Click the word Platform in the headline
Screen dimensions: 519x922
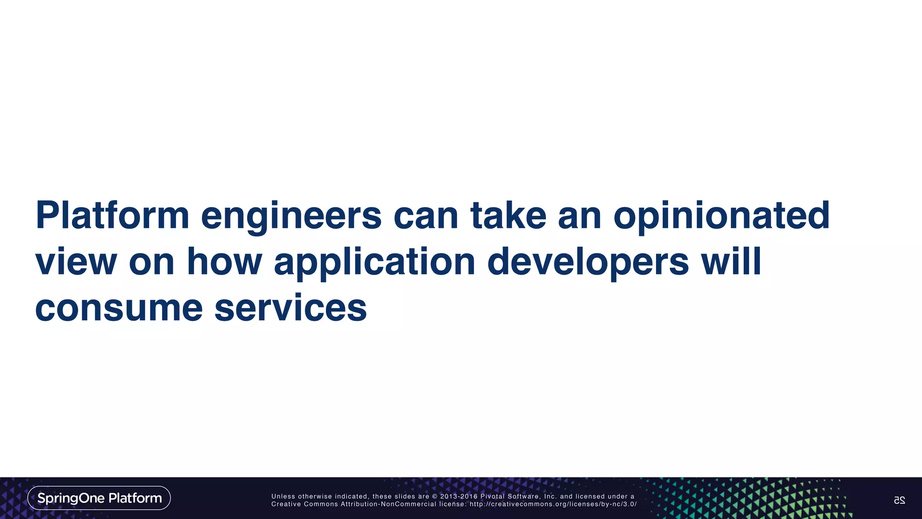tap(112, 215)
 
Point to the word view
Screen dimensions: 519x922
tap(76, 262)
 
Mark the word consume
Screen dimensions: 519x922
tap(119, 309)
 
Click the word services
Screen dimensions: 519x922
tap(290, 309)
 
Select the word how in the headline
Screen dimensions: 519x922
tap(224, 262)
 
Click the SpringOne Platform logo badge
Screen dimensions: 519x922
tap(99, 498)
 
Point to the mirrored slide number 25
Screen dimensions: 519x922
tap(899, 500)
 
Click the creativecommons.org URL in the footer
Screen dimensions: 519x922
tap(553, 504)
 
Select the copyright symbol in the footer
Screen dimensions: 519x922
tap(434, 496)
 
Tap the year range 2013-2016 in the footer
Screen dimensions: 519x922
tap(459, 496)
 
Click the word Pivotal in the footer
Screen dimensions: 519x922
tap(493, 496)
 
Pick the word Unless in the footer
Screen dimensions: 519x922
tap(283, 496)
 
